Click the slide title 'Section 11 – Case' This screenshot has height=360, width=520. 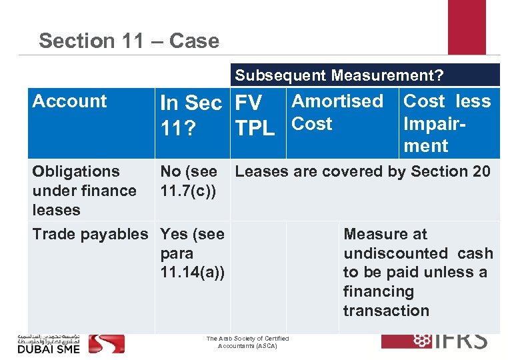tap(129, 41)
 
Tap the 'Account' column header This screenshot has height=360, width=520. tap(69, 101)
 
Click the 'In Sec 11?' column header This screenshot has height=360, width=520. tap(190, 113)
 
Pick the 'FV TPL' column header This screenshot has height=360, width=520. tap(255, 113)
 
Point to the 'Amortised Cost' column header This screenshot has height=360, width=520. tap(337, 112)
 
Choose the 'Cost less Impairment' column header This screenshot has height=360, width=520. tap(447, 123)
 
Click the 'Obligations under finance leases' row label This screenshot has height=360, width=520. tap(84, 190)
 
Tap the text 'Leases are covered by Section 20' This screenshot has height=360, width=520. tap(363, 171)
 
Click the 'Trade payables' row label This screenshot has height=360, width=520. tap(90, 234)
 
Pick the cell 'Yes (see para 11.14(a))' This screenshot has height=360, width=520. tap(192, 253)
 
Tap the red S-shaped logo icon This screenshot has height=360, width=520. tap(107, 343)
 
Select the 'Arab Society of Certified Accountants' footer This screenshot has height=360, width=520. tap(247, 343)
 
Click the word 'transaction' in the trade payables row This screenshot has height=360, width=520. tap(386, 311)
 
